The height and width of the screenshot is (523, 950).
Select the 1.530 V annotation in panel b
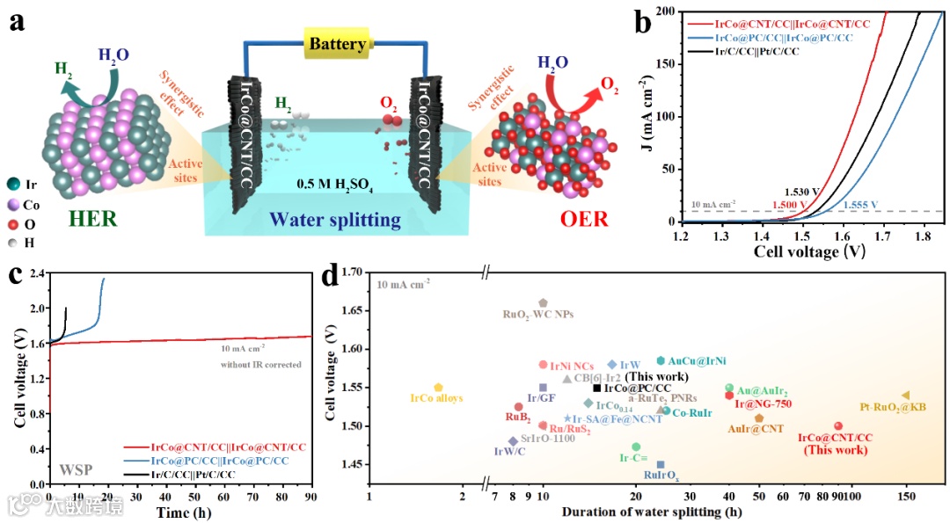pos(801,192)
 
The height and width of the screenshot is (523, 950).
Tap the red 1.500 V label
pos(791,205)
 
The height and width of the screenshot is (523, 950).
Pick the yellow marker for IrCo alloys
pos(438,388)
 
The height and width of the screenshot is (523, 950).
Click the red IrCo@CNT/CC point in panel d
pos(838,425)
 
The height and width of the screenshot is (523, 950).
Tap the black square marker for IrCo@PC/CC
pos(597,388)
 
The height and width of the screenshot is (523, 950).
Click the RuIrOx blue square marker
pos(661,465)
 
